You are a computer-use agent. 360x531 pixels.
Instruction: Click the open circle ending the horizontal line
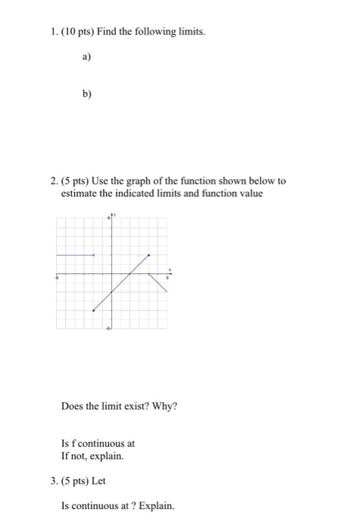pyautogui.click(x=93, y=255)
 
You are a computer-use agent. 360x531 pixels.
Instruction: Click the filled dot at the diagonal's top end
pyautogui.click(x=149, y=255)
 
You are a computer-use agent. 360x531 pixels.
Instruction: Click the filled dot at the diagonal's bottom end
pyautogui.click(x=93, y=309)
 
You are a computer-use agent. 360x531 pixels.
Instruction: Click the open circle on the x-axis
pyautogui.click(x=149, y=274)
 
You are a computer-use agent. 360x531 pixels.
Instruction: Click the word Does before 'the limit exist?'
pyautogui.click(x=74, y=405)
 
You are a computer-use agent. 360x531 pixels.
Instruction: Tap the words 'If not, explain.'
pyautogui.click(x=92, y=456)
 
